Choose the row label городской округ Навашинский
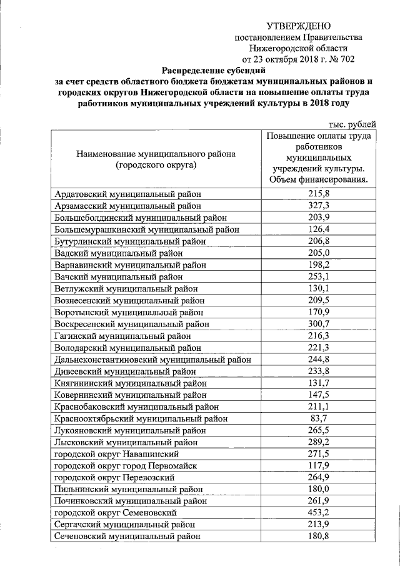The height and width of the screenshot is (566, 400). (x=117, y=453)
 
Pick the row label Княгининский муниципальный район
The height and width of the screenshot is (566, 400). (x=130, y=383)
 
